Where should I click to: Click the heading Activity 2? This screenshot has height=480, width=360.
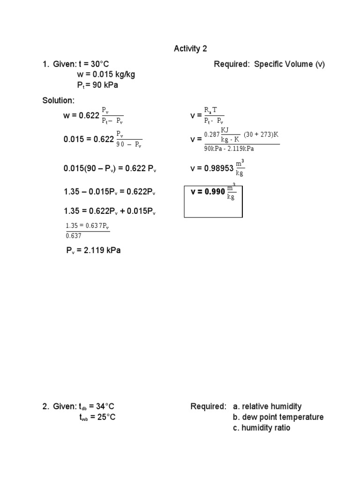point(190,49)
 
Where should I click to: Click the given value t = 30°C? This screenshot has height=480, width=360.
point(94,64)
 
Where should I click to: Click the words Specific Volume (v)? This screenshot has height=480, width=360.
point(289,64)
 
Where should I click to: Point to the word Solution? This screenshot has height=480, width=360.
point(58,100)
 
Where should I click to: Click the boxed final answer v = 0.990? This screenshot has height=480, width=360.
point(213,192)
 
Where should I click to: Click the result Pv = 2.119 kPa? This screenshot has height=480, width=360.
point(93,250)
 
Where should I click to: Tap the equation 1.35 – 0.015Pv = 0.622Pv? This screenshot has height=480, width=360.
point(109,192)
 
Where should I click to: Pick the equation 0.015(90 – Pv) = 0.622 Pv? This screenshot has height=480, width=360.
point(109,168)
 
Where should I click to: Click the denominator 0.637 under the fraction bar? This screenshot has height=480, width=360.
point(74,236)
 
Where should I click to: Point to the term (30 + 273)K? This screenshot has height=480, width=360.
point(261,135)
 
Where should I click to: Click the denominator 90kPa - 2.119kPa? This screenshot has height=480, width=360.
point(228,149)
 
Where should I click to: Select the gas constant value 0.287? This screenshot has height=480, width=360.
point(211,135)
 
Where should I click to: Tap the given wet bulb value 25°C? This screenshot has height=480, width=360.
point(103,417)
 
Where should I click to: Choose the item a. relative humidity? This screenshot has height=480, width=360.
point(267,406)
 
